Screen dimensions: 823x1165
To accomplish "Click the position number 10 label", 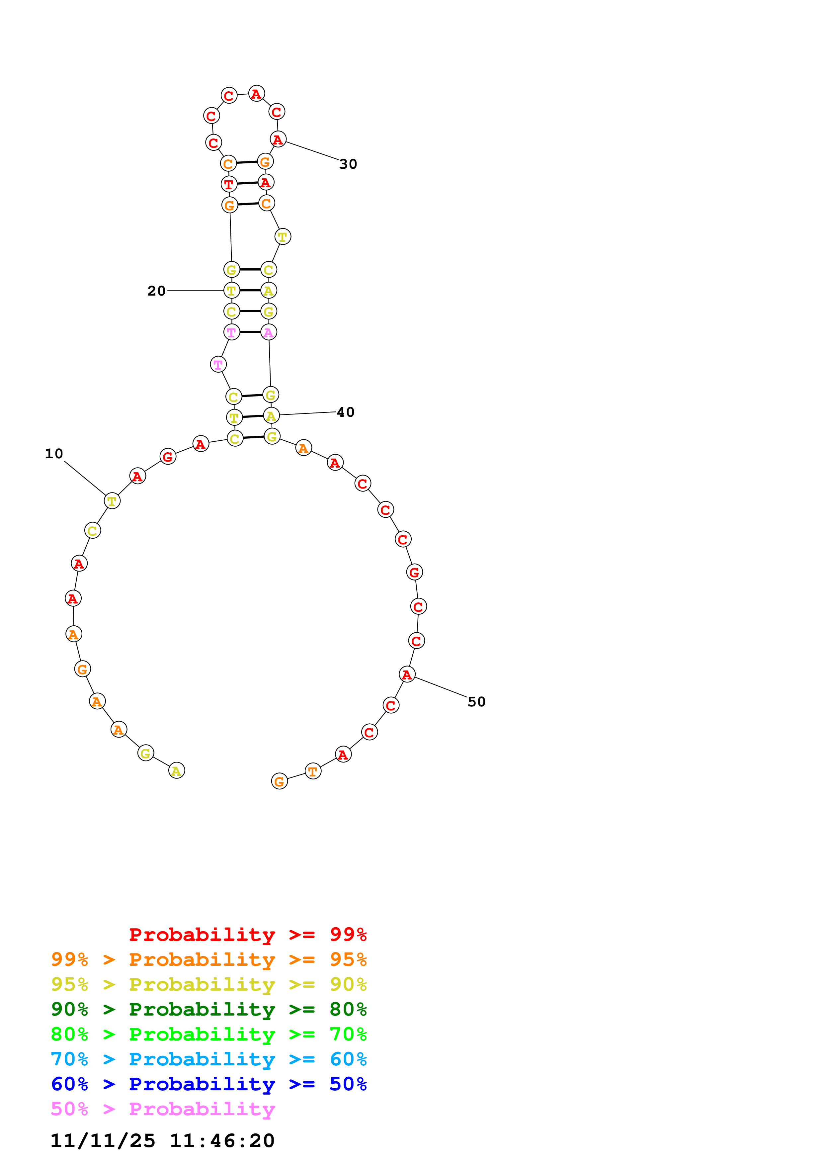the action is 54,454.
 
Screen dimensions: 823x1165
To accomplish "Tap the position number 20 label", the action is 156,291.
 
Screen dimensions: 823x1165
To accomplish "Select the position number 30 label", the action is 348,164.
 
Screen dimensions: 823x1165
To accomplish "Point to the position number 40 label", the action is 345,412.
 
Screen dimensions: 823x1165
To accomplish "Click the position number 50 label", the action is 476,702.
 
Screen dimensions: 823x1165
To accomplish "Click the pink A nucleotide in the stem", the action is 268,333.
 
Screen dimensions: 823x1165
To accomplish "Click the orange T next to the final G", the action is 313,771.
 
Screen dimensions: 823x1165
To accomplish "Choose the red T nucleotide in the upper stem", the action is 229,184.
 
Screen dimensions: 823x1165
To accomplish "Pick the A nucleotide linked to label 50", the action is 407,674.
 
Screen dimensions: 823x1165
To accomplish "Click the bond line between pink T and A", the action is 250,332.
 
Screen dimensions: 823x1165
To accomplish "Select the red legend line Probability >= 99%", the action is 247,935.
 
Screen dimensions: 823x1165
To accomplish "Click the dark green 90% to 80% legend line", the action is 208,1009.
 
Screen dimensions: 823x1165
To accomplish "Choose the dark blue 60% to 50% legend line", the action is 208,1084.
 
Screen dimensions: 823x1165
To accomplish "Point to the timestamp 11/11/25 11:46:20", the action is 162,1141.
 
